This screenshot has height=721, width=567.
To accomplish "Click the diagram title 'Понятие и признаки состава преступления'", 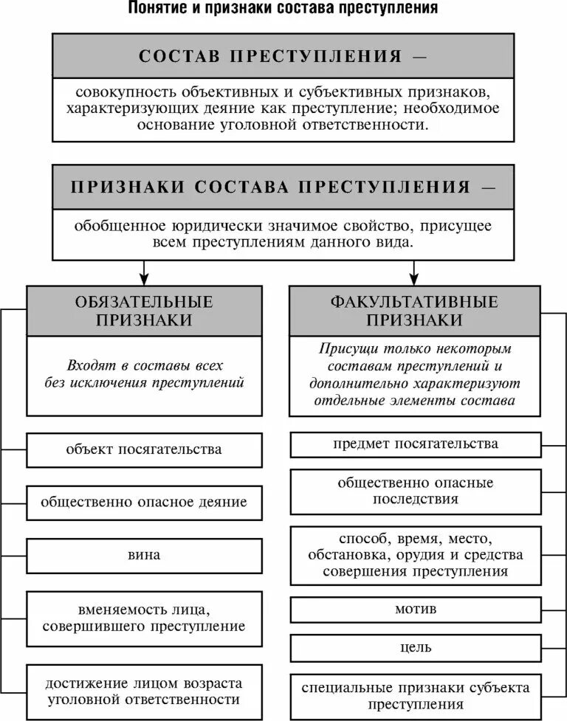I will coord(283,10).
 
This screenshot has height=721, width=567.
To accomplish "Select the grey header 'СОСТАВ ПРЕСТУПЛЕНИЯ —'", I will coord(283,57).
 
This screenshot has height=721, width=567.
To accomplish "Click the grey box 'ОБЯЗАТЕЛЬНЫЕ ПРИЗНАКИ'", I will coord(144,311).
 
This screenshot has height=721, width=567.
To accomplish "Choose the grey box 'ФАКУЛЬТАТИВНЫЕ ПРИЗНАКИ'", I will coord(414,311).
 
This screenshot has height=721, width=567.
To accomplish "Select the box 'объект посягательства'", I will coord(144,449).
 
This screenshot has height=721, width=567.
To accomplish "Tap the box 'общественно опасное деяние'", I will coord(144,502).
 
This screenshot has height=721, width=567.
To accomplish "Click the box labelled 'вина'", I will coord(144,554).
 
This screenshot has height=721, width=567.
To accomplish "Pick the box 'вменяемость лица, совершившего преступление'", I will coord(144,618).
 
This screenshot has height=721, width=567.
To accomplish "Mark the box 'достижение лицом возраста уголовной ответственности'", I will coord(144,691).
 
